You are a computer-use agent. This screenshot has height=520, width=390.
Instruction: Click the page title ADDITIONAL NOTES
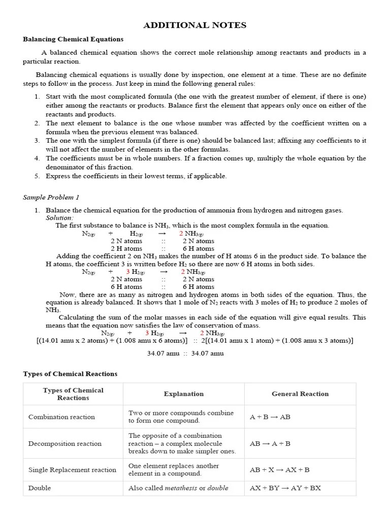pyautogui.click(x=194, y=25)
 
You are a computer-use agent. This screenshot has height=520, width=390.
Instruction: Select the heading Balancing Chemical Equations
pyautogui.click(x=73, y=39)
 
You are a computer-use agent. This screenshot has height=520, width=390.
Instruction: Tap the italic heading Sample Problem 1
pyautogui.click(x=51, y=197)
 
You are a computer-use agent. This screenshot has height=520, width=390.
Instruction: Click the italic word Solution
pyautogui.click(x=59, y=218)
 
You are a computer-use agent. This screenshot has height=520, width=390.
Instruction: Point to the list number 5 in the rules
pyautogui.click(x=37, y=176)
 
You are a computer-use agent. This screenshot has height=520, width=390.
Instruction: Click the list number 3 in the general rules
pyautogui.click(x=37, y=141)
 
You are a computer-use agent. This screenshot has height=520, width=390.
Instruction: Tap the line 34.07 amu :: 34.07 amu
pyautogui.click(x=185, y=353)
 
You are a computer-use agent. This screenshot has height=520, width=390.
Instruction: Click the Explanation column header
pyautogui.click(x=183, y=394)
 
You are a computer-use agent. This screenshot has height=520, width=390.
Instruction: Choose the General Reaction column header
pyautogui.click(x=300, y=394)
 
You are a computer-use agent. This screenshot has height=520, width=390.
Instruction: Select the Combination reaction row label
pyautogui.click(x=61, y=417)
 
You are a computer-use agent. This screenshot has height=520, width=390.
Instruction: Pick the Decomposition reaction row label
pyautogui.click(x=65, y=443)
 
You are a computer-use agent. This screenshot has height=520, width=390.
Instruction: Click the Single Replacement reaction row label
pyautogui.click(x=72, y=470)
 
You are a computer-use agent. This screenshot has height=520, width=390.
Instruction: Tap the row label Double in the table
pyautogui.click(x=40, y=488)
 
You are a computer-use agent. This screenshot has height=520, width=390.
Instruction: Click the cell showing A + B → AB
pyautogui.click(x=270, y=417)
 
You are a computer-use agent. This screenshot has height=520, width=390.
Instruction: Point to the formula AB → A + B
pyautogui.click(x=270, y=443)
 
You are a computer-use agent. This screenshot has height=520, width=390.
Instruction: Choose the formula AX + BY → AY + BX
pyautogui.click(x=285, y=488)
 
